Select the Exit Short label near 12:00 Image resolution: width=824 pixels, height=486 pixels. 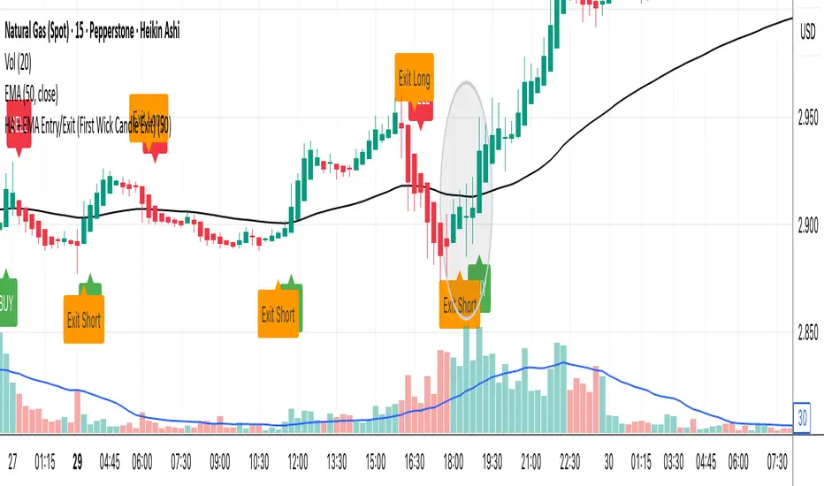pyautogui.click(x=278, y=314)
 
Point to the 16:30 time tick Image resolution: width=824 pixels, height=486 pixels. pyautogui.click(x=415, y=461)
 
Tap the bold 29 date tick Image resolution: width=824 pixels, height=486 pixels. pyautogui.click(x=78, y=461)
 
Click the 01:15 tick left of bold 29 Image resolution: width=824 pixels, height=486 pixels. pyautogui.click(x=47, y=461)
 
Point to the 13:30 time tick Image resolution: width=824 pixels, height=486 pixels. pyautogui.click(x=337, y=461)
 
